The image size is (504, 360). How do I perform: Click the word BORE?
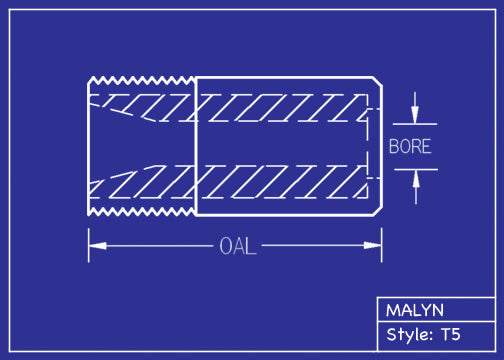click(410, 146)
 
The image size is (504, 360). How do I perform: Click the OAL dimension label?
click(237, 246)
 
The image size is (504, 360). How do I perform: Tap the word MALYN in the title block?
click(415, 310)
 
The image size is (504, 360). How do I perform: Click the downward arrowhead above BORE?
click(416, 114)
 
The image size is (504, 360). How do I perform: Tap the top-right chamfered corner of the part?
click(378, 81)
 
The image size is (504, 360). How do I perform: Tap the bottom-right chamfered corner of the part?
click(378, 211)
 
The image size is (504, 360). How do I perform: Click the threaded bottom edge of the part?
click(140, 213)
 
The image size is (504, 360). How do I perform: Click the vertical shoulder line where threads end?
click(194, 146)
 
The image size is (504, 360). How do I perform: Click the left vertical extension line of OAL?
click(88, 240)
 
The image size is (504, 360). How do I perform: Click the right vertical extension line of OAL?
click(382, 240)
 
